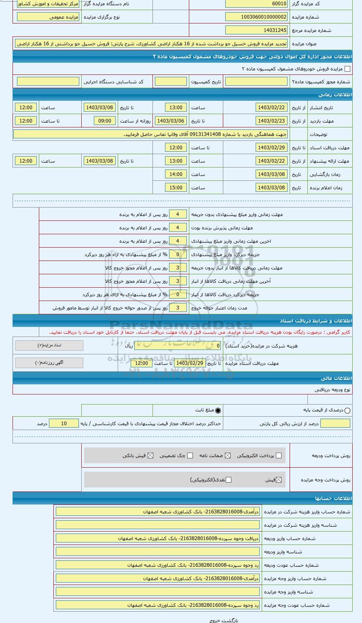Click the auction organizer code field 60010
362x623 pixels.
(256, 4)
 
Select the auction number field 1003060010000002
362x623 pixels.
(256, 17)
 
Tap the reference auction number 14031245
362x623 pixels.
(256, 30)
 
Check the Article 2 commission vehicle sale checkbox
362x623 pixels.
(347, 69)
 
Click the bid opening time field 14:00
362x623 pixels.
(176, 174)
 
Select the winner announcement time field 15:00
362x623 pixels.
(176, 188)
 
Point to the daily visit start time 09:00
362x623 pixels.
(105, 121)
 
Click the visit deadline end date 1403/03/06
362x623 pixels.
(170, 121)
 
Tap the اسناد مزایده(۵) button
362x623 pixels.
(49, 345)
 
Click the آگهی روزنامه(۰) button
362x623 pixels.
(49, 363)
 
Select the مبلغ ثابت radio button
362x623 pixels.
(218, 410)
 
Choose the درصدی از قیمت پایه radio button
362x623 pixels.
(347, 410)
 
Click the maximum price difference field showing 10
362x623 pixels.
(64, 424)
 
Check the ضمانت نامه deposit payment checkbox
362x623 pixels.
(228, 456)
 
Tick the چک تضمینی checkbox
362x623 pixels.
(190, 456)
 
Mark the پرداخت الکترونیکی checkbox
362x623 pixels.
(278, 456)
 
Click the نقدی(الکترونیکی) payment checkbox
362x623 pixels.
(229, 480)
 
